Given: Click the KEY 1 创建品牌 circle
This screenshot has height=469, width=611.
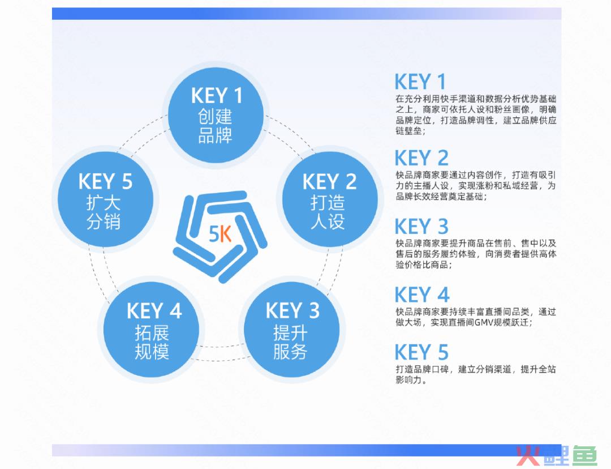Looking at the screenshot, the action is [216, 116].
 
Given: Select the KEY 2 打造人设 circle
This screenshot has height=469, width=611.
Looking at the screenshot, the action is [330, 199].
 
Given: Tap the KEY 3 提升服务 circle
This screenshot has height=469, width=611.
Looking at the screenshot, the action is [291, 330].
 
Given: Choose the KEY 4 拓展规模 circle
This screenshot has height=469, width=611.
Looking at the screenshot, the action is [151, 330].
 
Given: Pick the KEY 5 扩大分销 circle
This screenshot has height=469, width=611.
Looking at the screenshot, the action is [106, 199].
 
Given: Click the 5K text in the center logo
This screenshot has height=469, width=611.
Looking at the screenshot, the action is [220, 234].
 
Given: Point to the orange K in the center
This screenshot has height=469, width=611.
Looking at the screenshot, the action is [226, 234].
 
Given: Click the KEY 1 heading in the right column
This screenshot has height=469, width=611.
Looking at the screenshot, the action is [420, 82].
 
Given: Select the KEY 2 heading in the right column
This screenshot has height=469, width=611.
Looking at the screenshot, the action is [421, 159].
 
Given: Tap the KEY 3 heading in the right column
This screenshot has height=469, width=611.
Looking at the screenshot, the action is [421, 227].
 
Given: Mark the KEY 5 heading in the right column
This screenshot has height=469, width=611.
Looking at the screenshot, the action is [421, 352].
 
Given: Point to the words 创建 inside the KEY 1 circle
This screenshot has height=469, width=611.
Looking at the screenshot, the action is [215, 116].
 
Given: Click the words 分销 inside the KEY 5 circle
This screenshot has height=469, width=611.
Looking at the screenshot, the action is [104, 221].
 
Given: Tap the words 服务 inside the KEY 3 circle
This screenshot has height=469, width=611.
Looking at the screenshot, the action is [290, 352].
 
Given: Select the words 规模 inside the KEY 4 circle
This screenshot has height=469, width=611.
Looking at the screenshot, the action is [152, 352].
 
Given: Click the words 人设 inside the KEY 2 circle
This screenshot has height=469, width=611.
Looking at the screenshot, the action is [328, 221].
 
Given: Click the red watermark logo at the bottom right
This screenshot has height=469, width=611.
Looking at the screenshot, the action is [557, 456].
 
